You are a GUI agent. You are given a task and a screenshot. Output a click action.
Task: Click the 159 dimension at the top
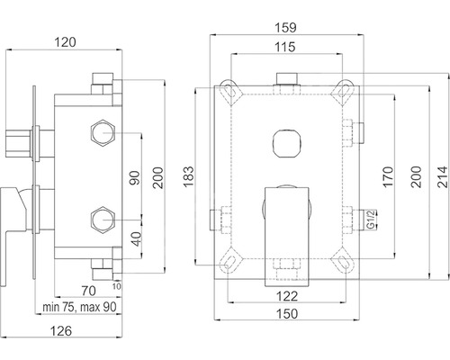pos(285,28)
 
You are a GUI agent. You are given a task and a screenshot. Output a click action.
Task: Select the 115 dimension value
pos(285,47)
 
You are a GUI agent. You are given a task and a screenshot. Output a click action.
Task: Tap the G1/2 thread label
pos(371,220)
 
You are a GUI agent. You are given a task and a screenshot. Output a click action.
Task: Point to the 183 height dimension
pos(189,176)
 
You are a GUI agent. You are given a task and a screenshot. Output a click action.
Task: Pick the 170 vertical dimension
pos(388,177)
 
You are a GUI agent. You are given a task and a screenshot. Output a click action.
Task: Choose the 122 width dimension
pos(287,296)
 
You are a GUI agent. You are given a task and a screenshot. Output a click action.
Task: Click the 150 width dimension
pos(287,314)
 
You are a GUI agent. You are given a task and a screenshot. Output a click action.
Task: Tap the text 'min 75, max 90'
pos(79,307)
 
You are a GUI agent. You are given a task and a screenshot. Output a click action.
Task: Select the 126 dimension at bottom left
pos(61,331)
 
